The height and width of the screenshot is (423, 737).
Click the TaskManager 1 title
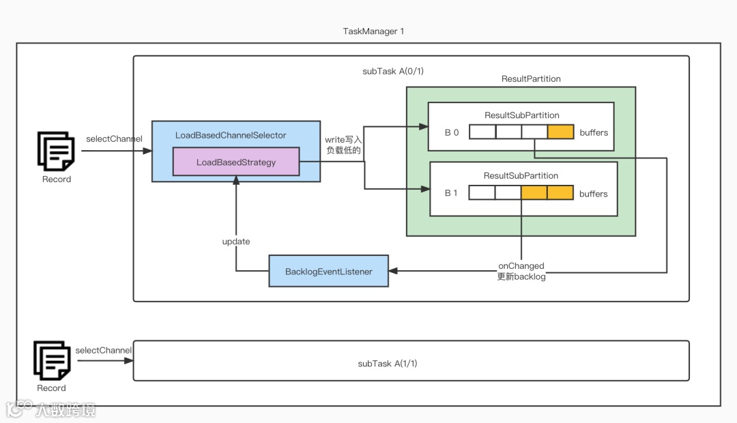[x=373, y=31]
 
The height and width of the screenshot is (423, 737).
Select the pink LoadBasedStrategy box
[x=236, y=162]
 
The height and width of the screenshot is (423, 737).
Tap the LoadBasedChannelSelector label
[x=231, y=135]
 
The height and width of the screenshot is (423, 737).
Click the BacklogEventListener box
[x=329, y=272]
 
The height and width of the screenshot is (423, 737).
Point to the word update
[x=236, y=242]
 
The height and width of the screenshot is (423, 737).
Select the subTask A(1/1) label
[x=388, y=363]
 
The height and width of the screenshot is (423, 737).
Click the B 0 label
[x=451, y=132]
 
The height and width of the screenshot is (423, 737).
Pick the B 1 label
[x=451, y=193]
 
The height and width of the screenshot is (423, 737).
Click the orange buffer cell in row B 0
[x=560, y=132]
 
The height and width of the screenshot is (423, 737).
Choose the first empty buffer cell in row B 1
[x=482, y=193]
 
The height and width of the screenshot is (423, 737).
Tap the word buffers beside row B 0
[x=593, y=132]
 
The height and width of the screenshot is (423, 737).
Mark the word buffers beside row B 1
[x=593, y=194]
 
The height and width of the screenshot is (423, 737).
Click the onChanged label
[x=521, y=265]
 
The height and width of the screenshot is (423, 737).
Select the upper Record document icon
[x=57, y=151]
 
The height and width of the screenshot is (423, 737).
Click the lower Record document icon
[x=52, y=361]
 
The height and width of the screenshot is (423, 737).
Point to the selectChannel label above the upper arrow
[x=114, y=139]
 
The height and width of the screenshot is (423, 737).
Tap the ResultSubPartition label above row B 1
[x=521, y=176]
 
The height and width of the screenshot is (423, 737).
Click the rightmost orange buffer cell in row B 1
[x=560, y=193]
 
